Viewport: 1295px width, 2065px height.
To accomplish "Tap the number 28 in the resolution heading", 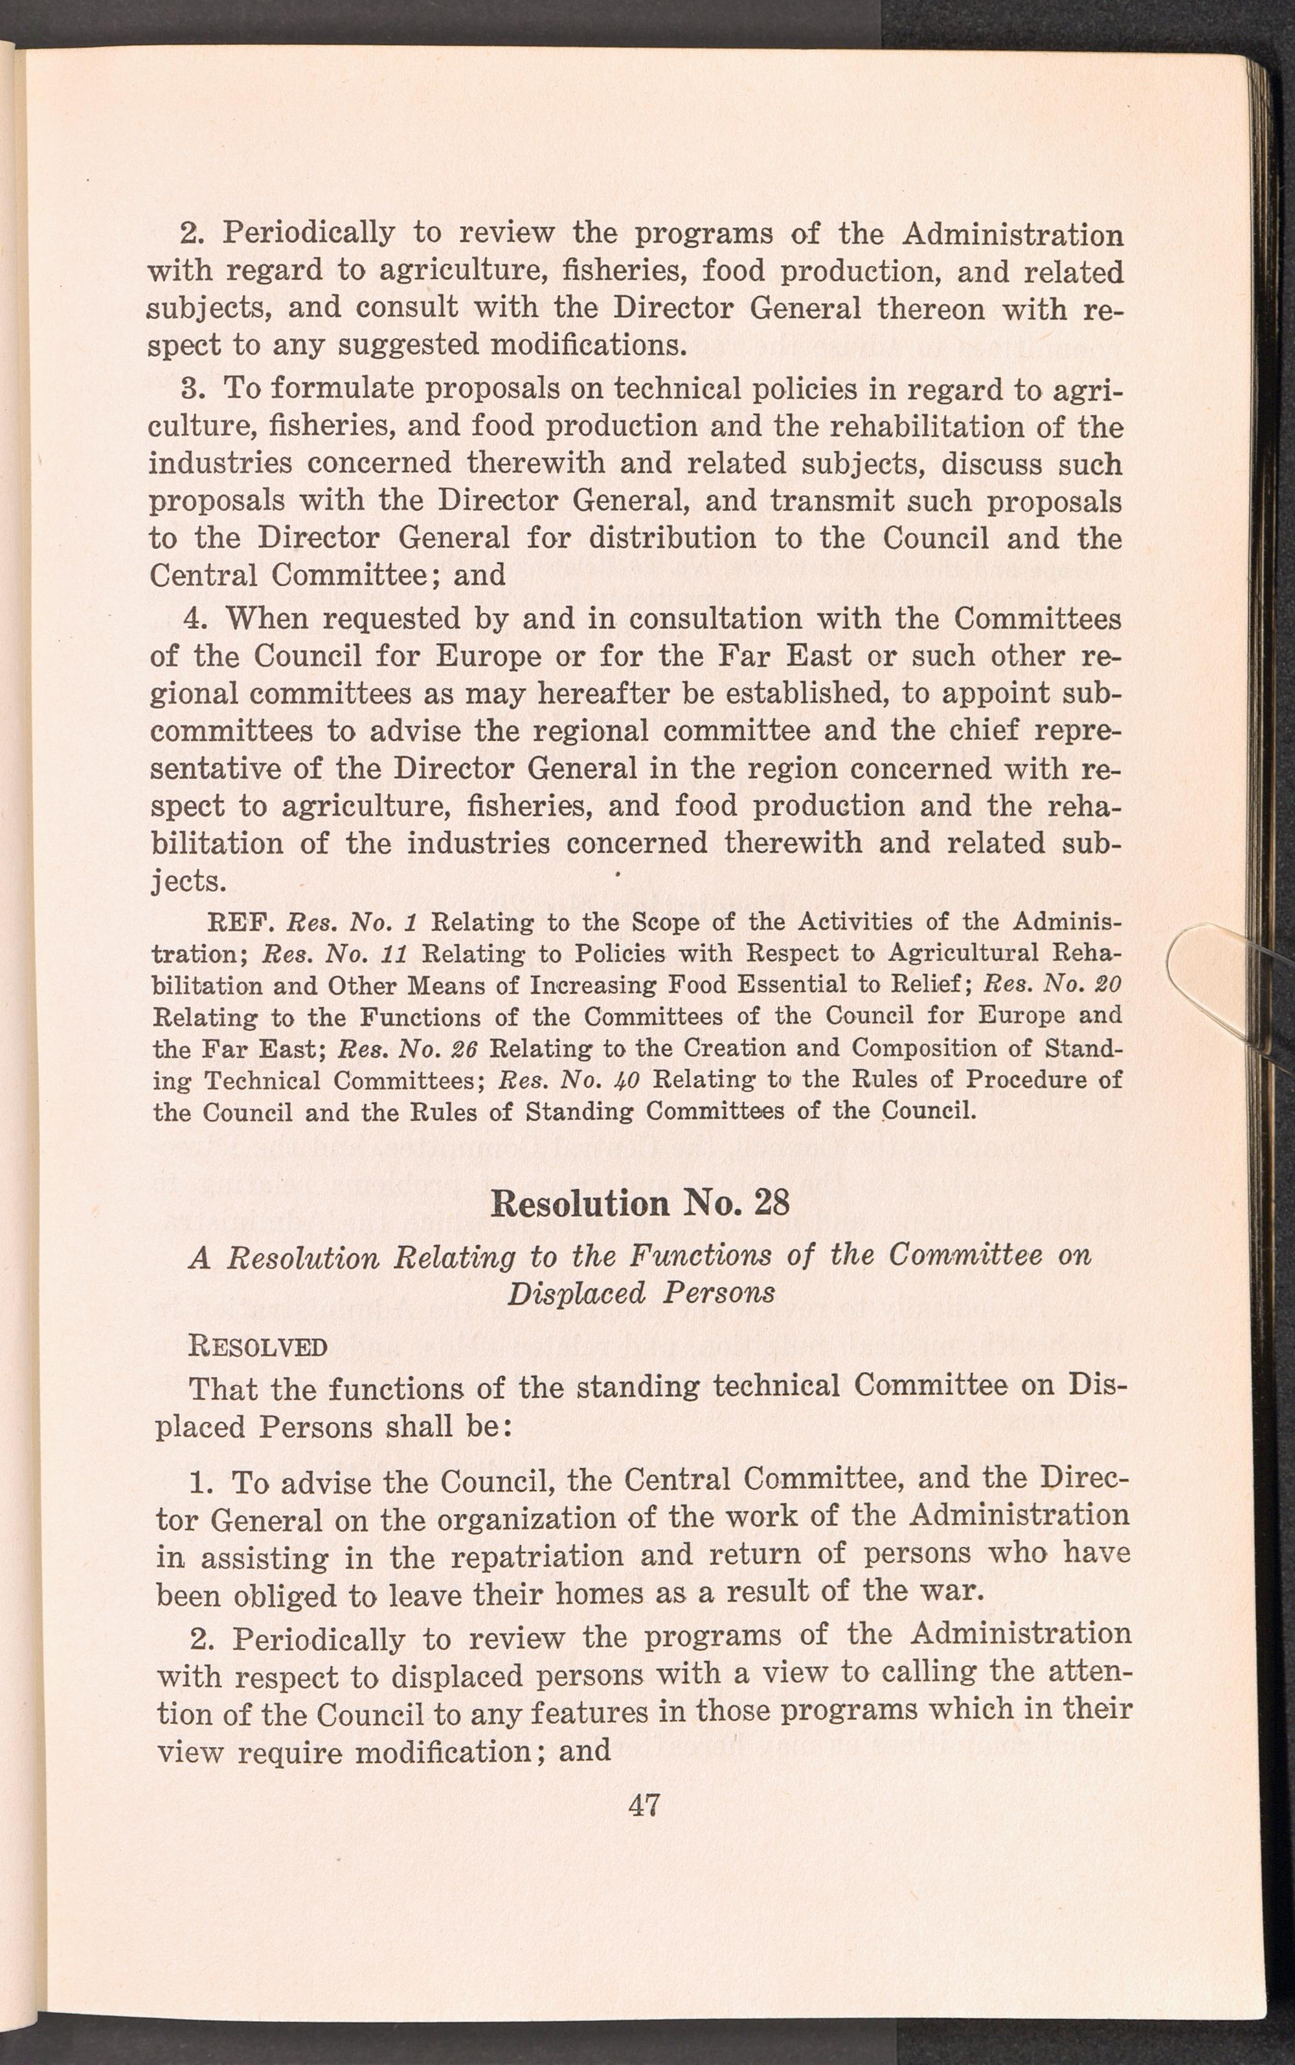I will pos(771,1202).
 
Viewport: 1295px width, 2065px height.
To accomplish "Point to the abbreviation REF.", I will pos(239,924).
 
